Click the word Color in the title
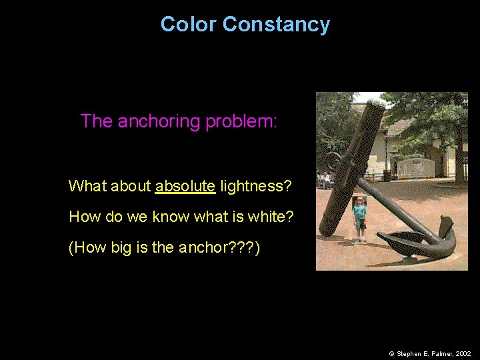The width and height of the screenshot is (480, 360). [x=188, y=25]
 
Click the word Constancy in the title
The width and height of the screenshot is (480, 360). [x=276, y=25]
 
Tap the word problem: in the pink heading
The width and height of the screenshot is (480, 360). [x=241, y=121]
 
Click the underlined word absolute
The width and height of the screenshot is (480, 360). [x=185, y=186]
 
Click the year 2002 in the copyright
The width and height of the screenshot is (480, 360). [x=463, y=353]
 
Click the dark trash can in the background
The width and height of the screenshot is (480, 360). [x=387, y=175]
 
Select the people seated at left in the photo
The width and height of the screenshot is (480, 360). [x=325, y=179]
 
